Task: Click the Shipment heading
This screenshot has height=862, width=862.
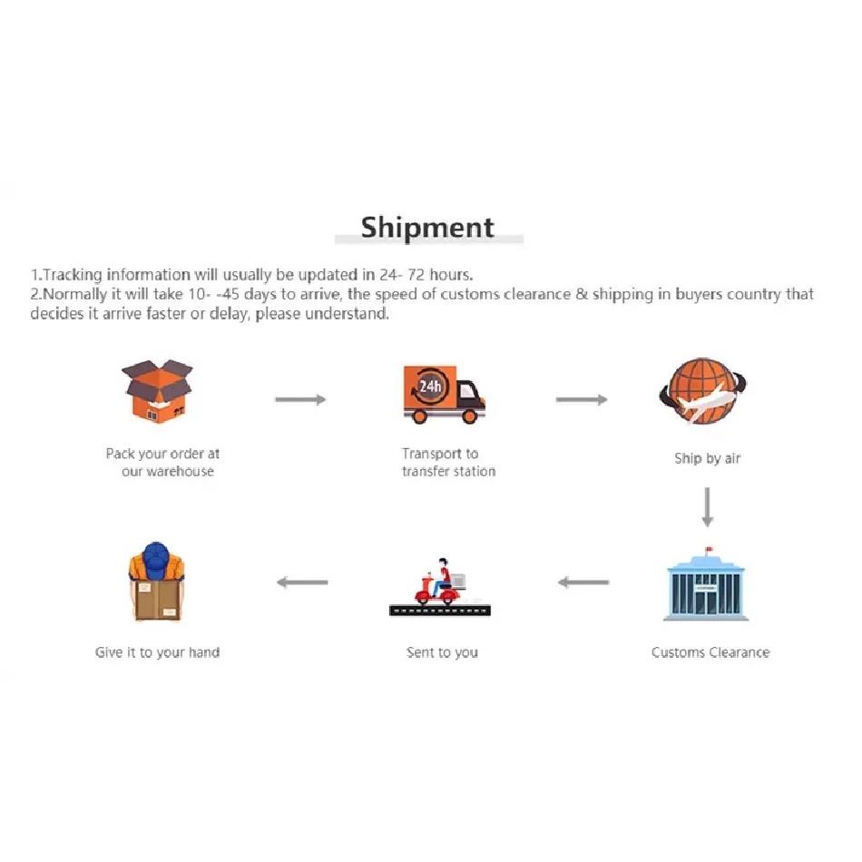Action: [x=427, y=228]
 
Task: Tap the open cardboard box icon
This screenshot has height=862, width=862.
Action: [x=157, y=391]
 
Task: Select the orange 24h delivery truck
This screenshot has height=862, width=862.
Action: [x=444, y=394]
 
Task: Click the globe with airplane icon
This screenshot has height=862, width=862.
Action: [x=702, y=391]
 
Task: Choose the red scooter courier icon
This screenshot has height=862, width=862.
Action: [x=440, y=587]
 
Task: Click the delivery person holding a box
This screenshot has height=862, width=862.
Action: [x=156, y=582]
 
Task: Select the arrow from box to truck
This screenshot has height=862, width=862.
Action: [x=300, y=399]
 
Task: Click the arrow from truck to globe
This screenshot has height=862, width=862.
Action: [x=582, y=399]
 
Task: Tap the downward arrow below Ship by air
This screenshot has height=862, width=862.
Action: [x=708, y=507]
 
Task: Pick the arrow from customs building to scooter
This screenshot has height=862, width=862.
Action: [x=583, y=583]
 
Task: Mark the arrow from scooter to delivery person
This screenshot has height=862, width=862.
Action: [x=302, y=583]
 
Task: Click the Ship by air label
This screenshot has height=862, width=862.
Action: [x=708, y=458]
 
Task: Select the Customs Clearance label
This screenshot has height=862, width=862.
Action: [x=710, y=652]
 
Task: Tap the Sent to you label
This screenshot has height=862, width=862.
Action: [x=442, y=652]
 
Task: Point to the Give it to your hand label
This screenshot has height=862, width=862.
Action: [x=157, y=652]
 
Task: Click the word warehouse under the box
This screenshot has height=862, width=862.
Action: [x=180, y=472]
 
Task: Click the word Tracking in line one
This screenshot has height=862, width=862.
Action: [x=73, y=275]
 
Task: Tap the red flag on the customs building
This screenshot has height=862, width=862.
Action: [x=709, y=549]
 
